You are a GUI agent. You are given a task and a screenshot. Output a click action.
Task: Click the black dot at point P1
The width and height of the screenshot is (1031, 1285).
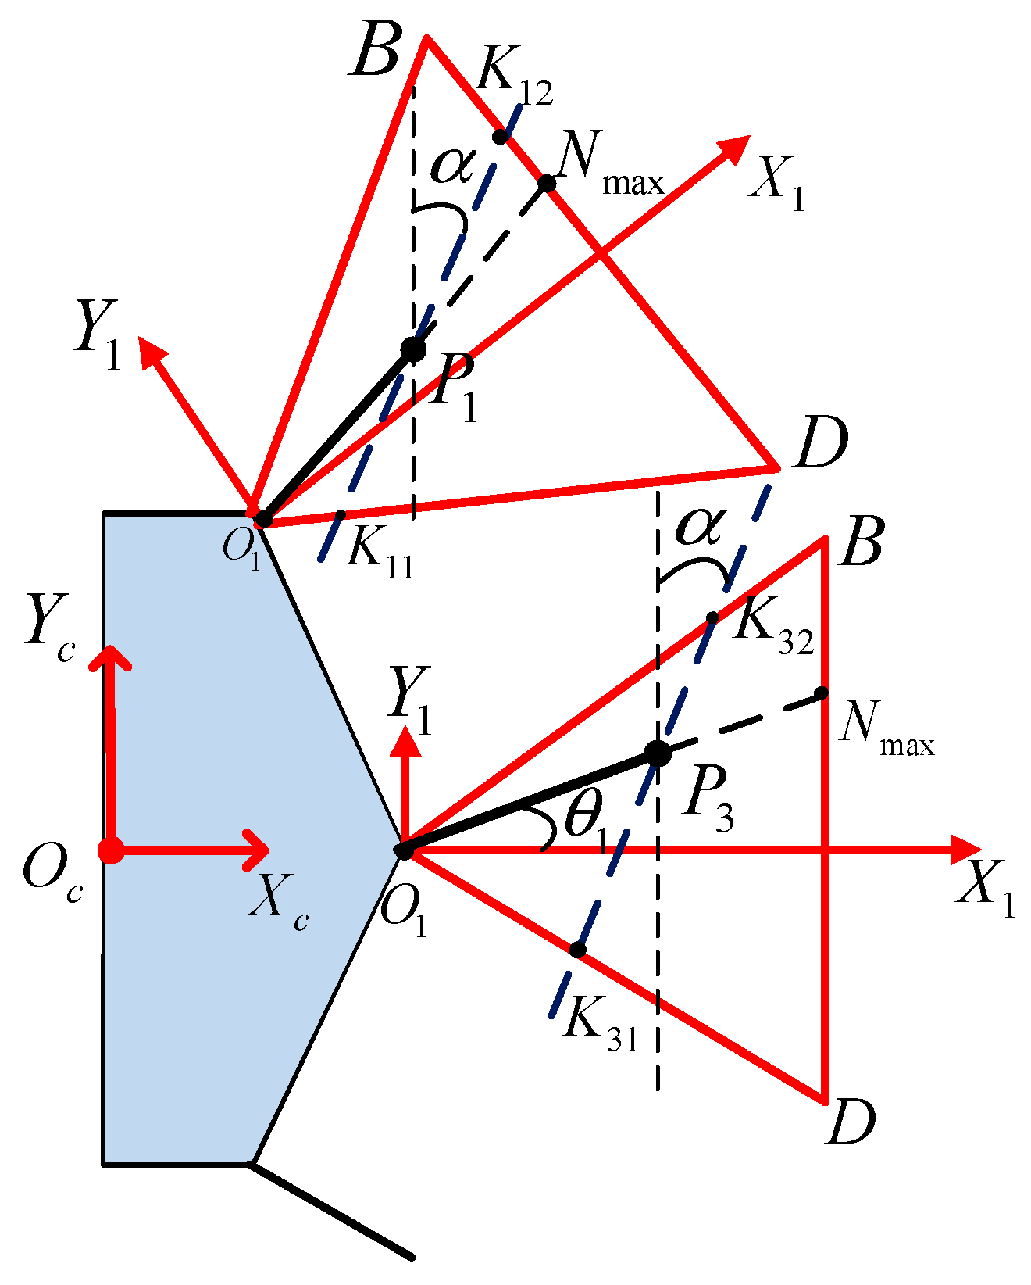coord(413,349)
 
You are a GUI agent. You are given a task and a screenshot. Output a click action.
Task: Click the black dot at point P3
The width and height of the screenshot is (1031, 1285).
coord(658,753)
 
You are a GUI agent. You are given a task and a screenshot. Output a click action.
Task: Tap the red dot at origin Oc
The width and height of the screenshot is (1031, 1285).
coord(112,850)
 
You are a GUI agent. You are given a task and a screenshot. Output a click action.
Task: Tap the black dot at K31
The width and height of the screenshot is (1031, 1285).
coord(577,950)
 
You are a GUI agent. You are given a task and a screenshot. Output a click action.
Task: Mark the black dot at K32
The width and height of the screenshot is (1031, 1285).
coord(712,617)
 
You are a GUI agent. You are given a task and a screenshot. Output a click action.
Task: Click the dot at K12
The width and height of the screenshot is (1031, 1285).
coord(501,136)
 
